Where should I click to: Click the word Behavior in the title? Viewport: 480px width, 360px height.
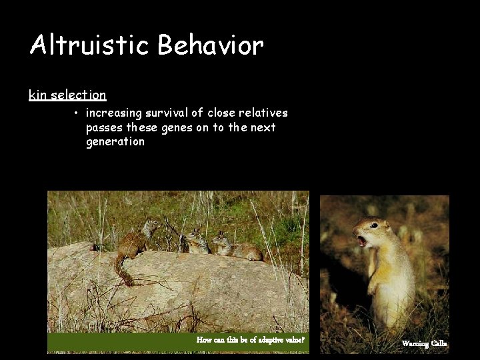coord(211,45)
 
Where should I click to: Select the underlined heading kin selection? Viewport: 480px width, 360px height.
coord(67,95)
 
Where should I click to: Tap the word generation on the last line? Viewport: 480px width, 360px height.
coord(115,141)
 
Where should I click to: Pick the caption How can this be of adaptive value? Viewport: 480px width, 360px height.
coord(250,340)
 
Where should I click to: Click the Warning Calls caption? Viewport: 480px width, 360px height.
coord(424,343)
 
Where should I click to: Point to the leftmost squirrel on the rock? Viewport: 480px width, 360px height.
coord(137,242)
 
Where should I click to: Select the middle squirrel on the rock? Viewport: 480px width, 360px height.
coord(196,243)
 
